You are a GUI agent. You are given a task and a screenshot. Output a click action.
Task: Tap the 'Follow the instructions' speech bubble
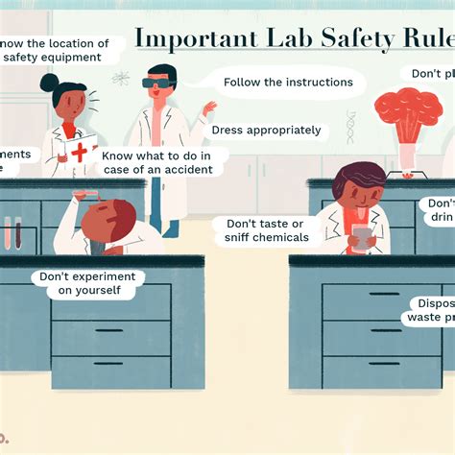(288, 83)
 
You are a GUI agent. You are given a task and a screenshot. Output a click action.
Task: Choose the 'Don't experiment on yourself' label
(81, 283)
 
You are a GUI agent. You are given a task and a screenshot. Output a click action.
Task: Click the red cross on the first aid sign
(79, 153)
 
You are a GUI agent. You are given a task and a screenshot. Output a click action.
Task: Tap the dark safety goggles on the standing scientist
(156, 84)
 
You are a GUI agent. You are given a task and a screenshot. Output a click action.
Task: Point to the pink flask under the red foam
(407, 154)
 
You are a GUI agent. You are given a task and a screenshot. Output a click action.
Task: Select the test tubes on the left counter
(13, 232)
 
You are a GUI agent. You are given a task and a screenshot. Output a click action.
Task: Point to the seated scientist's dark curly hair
(357, 179)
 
